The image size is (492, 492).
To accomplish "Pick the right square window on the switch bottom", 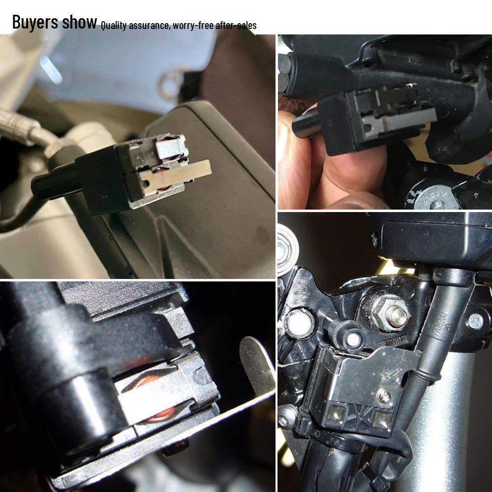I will pos(382,418).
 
